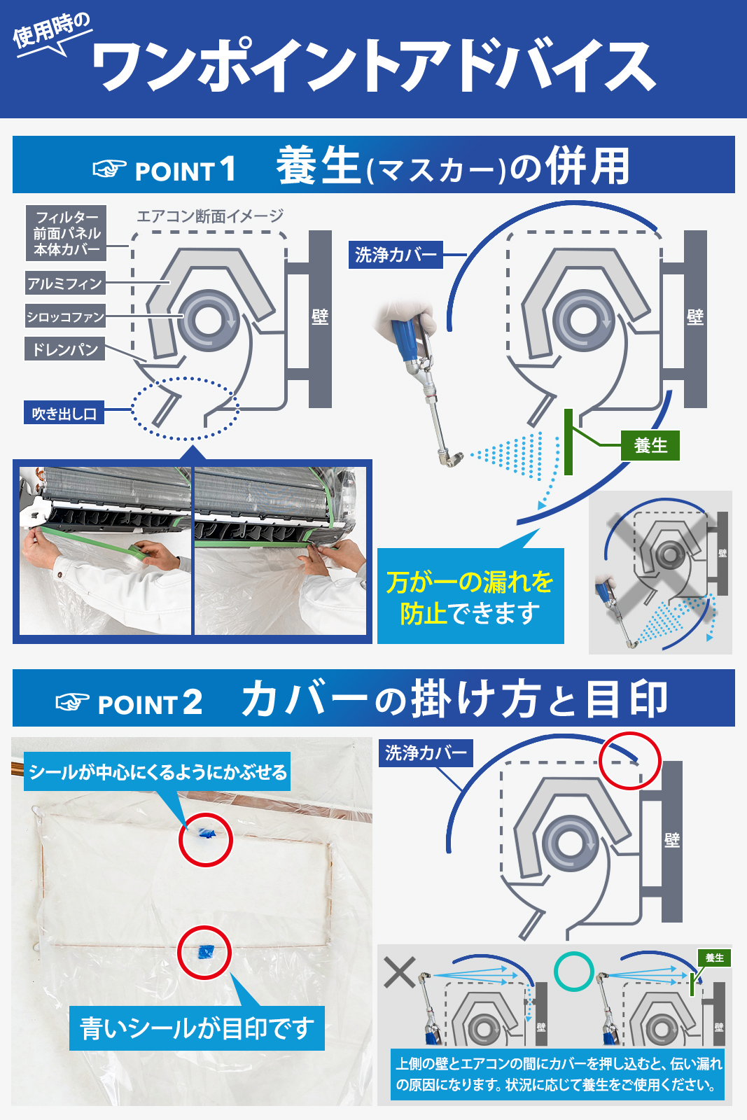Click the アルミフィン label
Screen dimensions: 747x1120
(x=65, y=283)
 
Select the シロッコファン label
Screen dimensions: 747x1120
(x=65, y=316)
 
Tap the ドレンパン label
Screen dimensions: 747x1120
(x=64, y=349)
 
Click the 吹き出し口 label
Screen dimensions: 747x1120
(x=64, y=412)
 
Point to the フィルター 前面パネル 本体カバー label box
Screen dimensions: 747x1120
(x=66, y=233)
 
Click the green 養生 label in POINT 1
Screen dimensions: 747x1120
(x=650, y=445)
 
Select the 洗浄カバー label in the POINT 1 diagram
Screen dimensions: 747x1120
(x=396, y=255)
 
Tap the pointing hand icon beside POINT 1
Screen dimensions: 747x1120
(x=109, y=169)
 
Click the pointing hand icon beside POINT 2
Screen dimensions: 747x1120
(x=73, y=701)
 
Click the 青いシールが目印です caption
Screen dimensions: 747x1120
(x=197, y=1028)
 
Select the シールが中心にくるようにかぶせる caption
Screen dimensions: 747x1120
(x=158, y=772)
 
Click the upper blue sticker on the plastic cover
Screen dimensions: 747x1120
(x=206, y=833)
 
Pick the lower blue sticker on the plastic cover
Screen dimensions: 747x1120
(x=206, y=952)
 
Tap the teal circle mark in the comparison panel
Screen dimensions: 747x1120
(x=573, y=971)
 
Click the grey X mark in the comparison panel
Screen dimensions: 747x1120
(x=400, y=972)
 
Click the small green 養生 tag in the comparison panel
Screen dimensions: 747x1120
(x=714, y=958)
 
